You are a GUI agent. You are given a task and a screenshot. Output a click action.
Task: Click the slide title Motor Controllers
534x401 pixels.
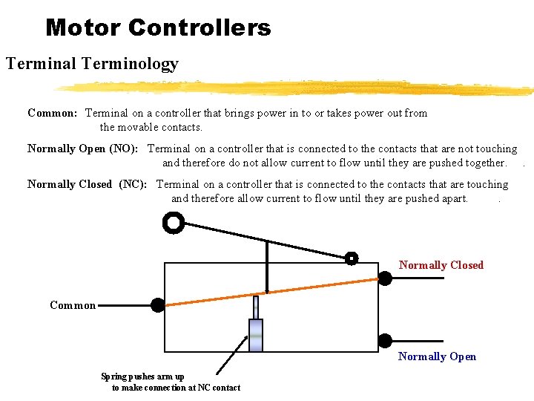tap(158, 28)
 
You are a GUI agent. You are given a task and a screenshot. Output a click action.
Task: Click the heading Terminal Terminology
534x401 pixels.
tap(92, 64)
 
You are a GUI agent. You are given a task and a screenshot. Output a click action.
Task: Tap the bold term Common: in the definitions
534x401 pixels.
tap(52, 113)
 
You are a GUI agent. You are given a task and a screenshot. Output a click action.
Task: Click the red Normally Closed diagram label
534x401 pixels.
tap(441, 265)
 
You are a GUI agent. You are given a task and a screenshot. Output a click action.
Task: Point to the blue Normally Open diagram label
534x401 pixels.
tap(437, 356)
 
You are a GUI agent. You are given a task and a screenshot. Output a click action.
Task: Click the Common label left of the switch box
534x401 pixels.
tap(73, 305)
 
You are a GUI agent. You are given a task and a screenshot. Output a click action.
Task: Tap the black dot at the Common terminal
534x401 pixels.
tap(158, 304)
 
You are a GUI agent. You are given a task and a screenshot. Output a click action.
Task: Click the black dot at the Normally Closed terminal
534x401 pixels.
tap(386, 278)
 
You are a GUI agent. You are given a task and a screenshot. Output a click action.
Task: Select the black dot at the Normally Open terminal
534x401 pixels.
tap(385, 341)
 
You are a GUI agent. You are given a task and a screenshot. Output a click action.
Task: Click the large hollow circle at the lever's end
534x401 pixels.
tap(173, 223)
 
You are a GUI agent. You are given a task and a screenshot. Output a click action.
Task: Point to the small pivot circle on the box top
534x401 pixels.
tap(352, 258)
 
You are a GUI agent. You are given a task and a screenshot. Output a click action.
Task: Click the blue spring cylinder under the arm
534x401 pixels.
tap(255, 335)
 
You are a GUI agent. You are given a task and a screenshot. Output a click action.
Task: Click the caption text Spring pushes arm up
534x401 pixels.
tap(143, 376)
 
